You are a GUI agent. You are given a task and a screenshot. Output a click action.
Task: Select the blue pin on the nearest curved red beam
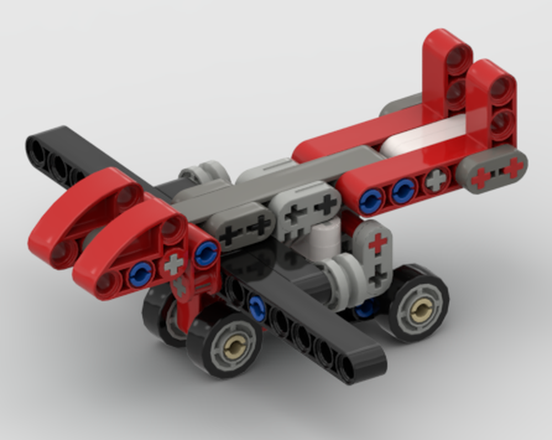click(x=141, y=273)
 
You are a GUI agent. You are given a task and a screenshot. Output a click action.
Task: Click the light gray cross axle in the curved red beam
click(x=174, y=264)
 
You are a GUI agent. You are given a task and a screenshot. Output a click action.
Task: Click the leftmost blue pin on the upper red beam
click(x=371, y=200)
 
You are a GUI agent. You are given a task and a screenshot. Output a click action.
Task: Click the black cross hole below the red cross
click(x=378, y=274)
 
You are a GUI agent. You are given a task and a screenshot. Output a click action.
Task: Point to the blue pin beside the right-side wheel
click(x=365, y=309)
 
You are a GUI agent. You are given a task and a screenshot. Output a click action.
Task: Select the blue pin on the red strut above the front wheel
click(x=206, y=253)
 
